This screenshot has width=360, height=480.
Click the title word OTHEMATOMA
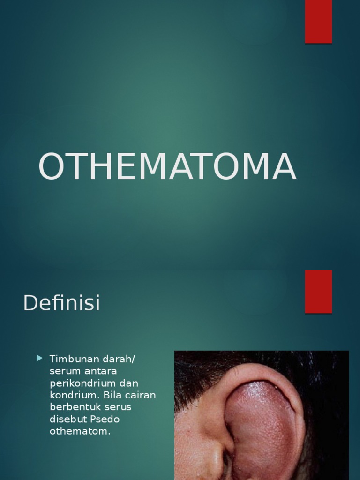pos(167,166)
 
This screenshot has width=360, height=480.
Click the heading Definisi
pos(61,303)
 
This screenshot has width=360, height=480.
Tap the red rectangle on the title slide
pos(318,22)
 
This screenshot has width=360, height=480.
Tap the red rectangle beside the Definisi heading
pos(318,291)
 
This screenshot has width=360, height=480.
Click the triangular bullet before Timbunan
pos(39,359)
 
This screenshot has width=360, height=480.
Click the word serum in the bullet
pos(62,371)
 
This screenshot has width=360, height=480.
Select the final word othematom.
pos(80,431)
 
